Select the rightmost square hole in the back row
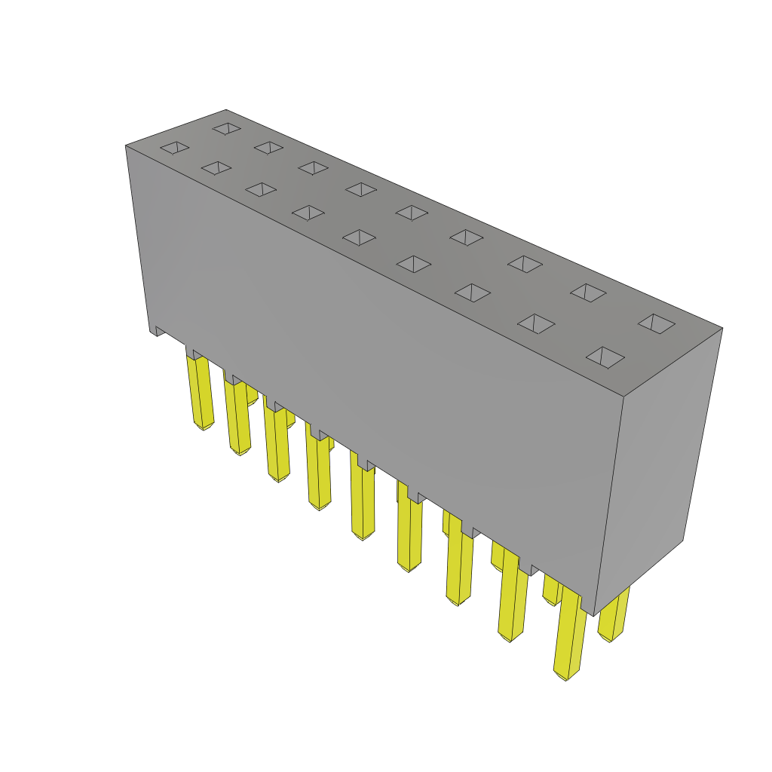click(657, 323)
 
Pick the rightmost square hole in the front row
click(605, 357)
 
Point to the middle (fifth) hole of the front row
click(359, 237)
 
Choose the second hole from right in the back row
click(588, 293)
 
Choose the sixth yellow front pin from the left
click(409, 532)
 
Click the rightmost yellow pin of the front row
click(570, 633)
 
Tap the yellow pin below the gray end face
click(614, 615)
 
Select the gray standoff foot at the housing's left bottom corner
click(160, 330)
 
